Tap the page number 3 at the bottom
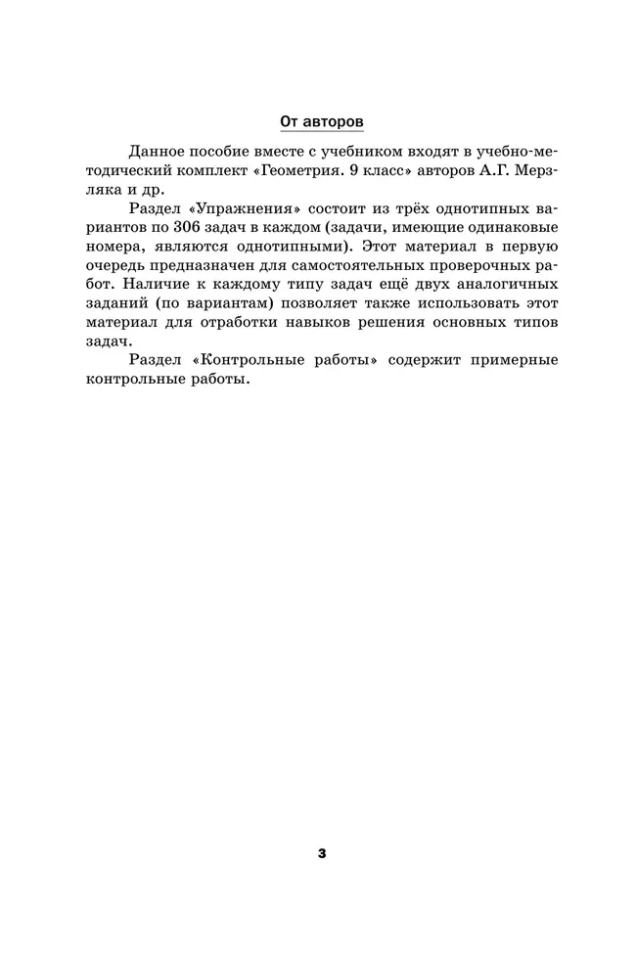pos(322,854)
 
